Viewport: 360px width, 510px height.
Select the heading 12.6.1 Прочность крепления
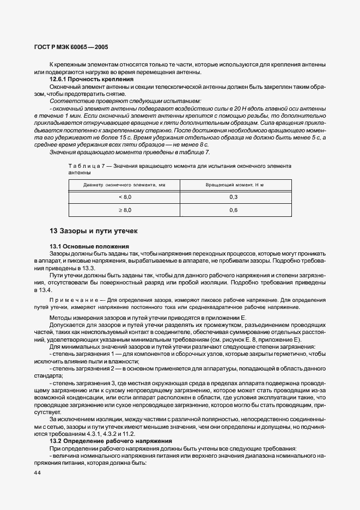click(x=91, y=80)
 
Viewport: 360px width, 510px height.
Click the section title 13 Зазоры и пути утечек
click(x=94, y=231)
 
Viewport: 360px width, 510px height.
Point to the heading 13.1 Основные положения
click(x=90, y=246)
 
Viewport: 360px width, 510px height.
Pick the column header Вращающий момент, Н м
click(x=234, y=185)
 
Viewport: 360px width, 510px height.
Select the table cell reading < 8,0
click(x=125, y=197)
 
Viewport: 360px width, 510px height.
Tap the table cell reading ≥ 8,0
click(x=125, y=210)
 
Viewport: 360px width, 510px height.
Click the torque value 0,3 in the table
click(x=234, y=197)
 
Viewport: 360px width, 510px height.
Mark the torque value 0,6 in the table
click(x=234, y=210)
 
